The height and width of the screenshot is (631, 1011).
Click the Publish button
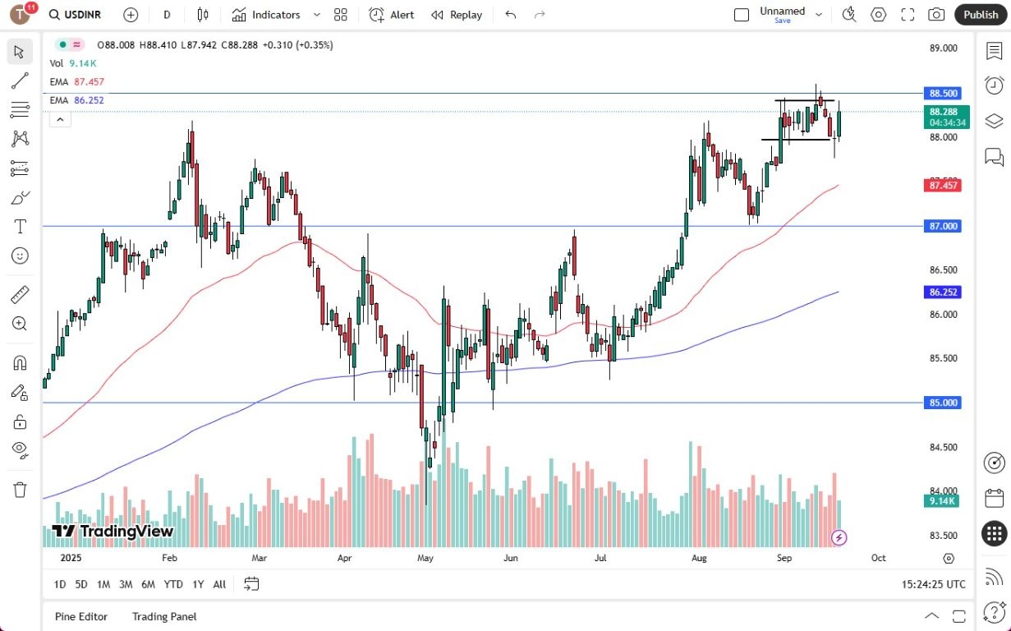pos(981,15)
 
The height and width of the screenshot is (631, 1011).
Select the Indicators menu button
pos(266,15)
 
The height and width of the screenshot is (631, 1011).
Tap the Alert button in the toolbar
pos(392,15)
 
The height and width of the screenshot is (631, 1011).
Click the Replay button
pos(457,15)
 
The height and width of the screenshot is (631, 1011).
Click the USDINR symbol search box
pos(79,15)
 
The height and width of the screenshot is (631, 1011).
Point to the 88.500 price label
pos(944,94)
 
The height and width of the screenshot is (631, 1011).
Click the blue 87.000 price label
pos(944,226)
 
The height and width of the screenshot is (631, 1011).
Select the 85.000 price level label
pos(944,403)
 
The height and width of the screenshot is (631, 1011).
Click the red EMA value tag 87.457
pos(944,186)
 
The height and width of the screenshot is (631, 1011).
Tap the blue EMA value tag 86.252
pos(944,292)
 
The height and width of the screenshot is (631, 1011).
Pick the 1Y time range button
pos(198,584)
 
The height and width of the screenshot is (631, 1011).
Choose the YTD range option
pos(173,584)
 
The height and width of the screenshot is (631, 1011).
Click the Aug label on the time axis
pos(699,558)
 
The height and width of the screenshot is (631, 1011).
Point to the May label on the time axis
pos(425,558)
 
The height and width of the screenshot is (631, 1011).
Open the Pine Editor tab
pos(81,616)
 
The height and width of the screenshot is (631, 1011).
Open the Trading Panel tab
pos(164,616)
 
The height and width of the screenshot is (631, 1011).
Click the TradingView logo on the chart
pos(113,532)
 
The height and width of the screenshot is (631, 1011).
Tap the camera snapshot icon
pos(936,15)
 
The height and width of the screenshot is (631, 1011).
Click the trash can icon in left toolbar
pos(21,490)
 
